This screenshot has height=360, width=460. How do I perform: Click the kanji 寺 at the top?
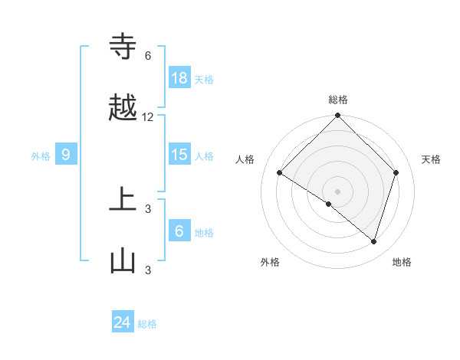[123, 47]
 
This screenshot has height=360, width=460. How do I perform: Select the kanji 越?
[123, 109]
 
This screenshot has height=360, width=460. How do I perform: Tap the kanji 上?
[123, 201]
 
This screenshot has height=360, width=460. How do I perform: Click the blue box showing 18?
[179, 77]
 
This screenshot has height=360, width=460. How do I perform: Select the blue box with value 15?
[179, 155]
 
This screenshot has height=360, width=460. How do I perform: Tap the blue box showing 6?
[179, 231]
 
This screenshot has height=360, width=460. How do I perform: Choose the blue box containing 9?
[66, 155]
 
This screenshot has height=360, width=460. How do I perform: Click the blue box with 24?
[123, 323]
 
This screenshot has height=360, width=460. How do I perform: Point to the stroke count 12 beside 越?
[148, 117]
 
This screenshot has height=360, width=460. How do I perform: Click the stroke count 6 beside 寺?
[148, 56]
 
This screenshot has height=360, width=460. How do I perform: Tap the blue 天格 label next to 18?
[204, 79]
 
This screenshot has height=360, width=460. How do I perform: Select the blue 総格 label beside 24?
[147, 325]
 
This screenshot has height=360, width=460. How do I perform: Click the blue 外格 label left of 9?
[41, 156]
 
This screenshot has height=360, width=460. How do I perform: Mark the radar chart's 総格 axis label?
[338, 100]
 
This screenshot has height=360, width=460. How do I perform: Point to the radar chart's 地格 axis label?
[402, 262]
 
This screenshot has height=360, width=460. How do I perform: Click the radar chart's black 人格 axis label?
[245, 159]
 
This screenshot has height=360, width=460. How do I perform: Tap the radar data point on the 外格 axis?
[329, 205]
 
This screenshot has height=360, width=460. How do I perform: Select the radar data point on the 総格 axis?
[338, 116]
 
